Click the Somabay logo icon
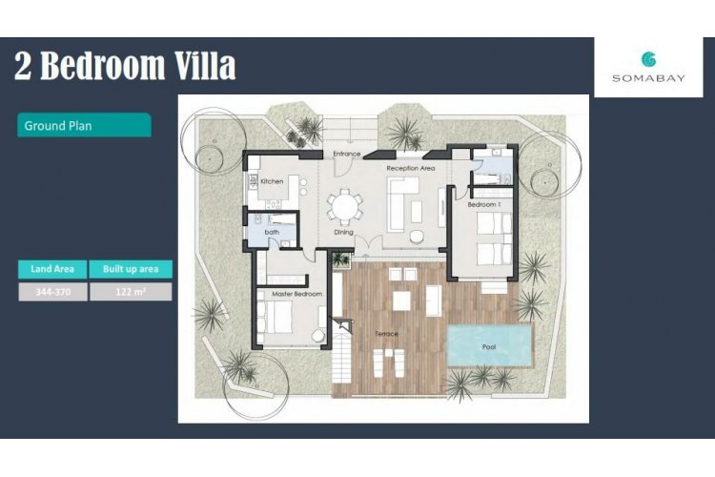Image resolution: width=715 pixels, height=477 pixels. (x=648, y=59)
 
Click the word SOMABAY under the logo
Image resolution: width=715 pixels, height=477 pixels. (x=648, y=78)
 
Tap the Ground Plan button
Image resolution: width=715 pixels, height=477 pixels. (x=84, y=125)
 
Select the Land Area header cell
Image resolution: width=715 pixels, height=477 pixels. (x=52, y=269)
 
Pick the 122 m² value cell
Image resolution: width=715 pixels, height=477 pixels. (x=131, y=292)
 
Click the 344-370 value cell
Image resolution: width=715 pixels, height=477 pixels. (x=52, y=292)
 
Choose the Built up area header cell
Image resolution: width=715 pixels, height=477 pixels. (x=131, y=269)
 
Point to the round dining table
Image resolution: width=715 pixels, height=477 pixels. (x=345, y=207)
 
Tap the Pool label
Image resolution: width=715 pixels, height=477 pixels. (x=489, y=347)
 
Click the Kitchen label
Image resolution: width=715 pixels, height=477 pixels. (x=272, y=181)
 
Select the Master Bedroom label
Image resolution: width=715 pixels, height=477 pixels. (x=296, y=294)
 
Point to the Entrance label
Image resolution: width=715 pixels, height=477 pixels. (x=347, y=154)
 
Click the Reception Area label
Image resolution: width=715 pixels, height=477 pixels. (x=410, y=168)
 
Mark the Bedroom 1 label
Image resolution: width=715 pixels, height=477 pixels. (x=483, y=204)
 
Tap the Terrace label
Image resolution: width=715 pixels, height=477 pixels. (x=386, y=334)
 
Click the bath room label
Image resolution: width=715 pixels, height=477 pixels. (x=272, y=232)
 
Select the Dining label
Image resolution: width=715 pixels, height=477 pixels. (x=343, y=232)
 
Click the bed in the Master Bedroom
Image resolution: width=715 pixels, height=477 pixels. (x=275, y=317)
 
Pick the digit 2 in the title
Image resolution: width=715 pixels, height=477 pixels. (x=23, y=66)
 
